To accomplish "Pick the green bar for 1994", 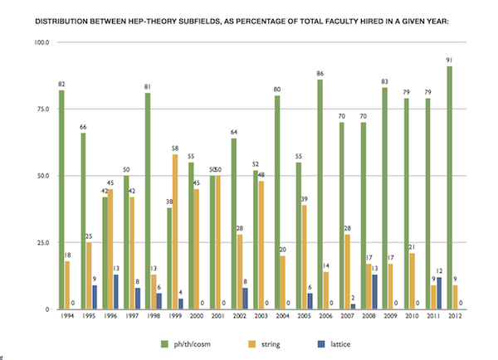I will [x=61, y=199].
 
